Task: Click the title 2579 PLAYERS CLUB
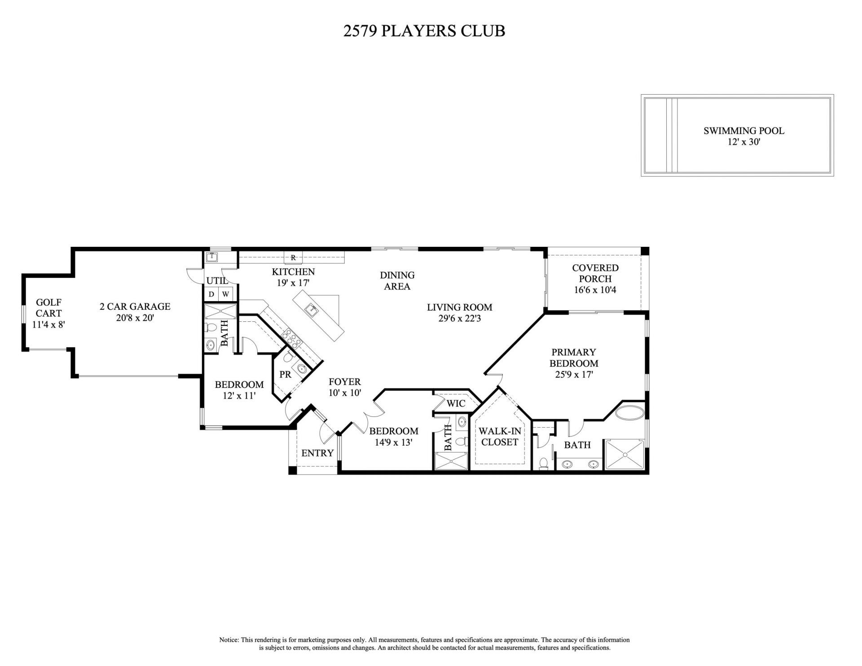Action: tap(424, 31)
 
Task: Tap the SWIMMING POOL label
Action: tap(743, 131)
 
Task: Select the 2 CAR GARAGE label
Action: tap(135, 307)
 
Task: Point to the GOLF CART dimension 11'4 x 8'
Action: tap(49, 324)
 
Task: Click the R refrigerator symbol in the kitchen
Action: tap(293, 258)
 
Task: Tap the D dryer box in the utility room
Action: tap(211, 294)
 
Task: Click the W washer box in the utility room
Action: tap(226, 294)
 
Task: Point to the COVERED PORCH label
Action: tap(595, 273)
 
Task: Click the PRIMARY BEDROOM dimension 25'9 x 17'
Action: tap(574, 375)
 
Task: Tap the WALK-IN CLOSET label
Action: tap(500, 437)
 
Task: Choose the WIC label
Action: tap(456, 403)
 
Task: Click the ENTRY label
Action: tap(317, 453)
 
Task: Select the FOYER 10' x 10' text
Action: tap(345, 387)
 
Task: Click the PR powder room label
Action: tap(286, 374)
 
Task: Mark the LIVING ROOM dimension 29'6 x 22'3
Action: tap(459, 319)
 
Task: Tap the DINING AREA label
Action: tap(397, 280)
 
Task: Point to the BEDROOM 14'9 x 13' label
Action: tap(394, 437)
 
